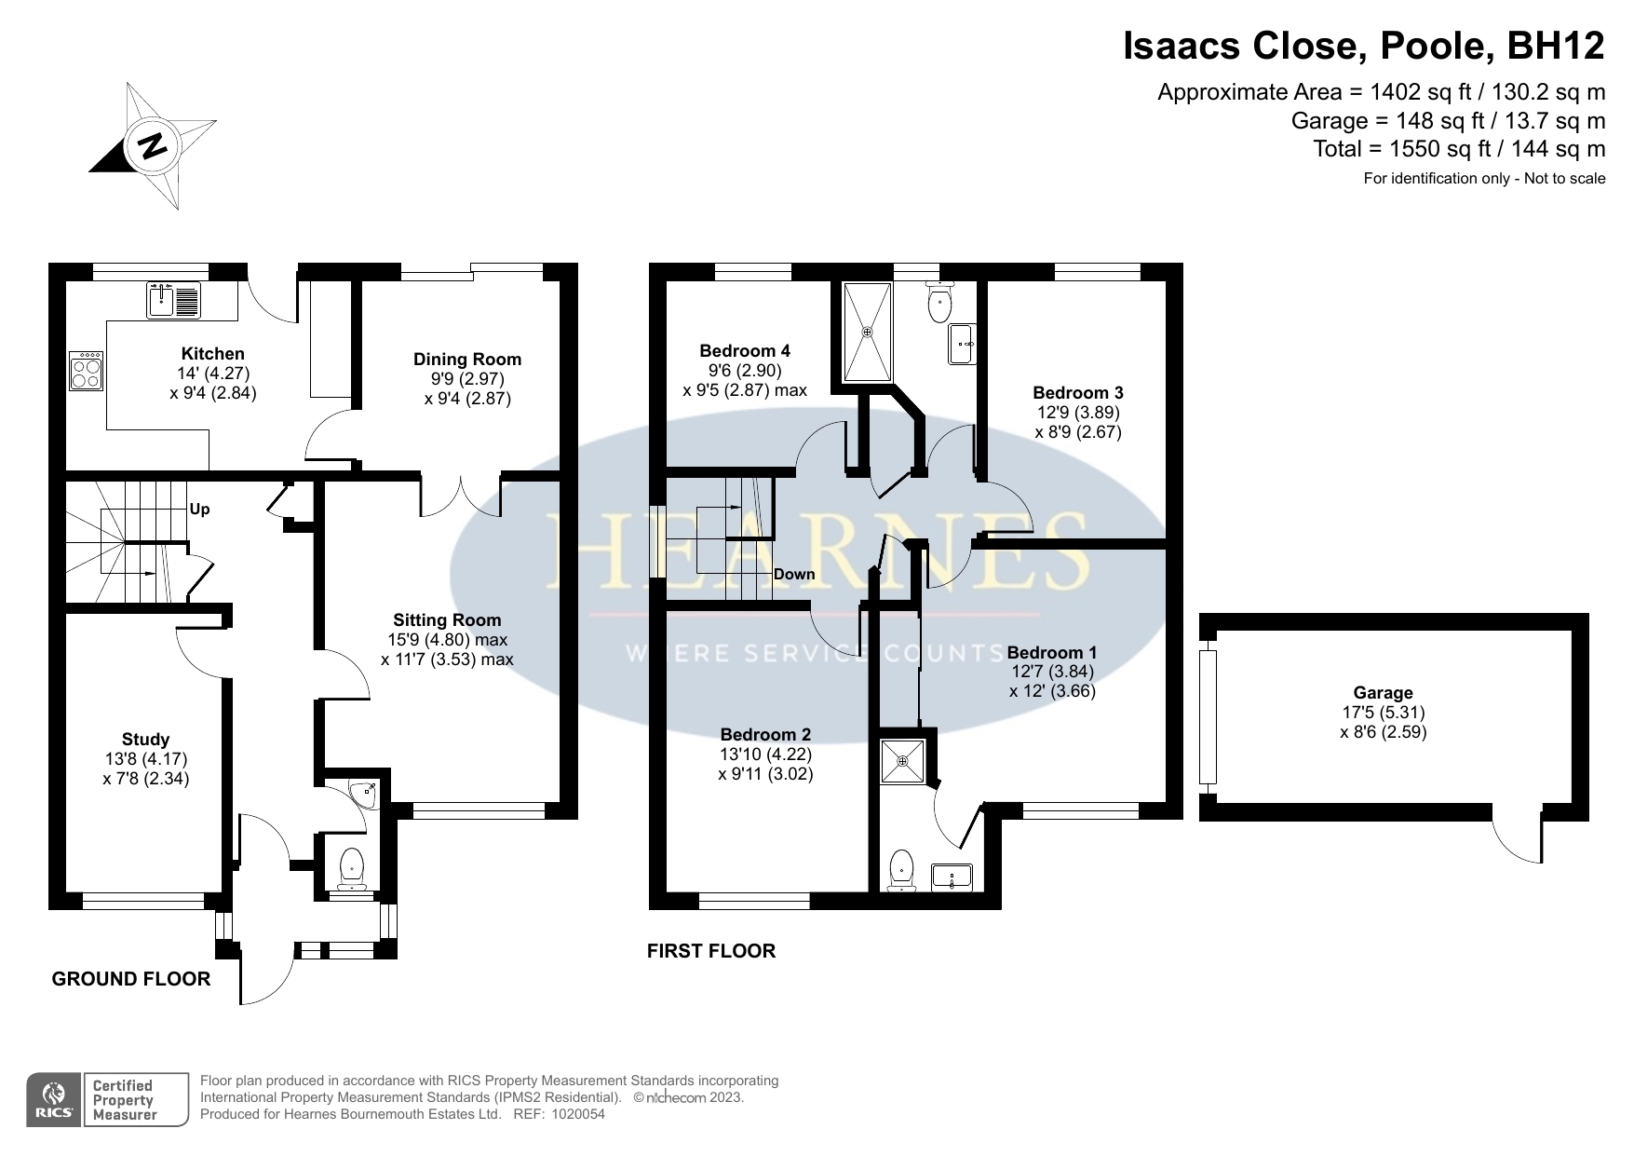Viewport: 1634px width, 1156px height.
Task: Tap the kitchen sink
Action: [x=173, y=299]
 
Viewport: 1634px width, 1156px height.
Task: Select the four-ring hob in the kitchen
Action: [x=87, y=370]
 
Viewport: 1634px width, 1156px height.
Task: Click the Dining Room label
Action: [x=467, y=360]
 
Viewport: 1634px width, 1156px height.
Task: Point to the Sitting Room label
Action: [x=447, y=620]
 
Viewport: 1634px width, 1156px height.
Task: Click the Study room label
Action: [x=146, y=740]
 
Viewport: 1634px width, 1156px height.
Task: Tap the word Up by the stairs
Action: [x=199, y=510]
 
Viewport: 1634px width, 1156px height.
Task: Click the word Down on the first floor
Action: [x=794, y=575]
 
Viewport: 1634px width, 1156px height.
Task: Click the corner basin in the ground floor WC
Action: [x=363, y=792]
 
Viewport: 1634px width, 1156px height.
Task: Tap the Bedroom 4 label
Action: [x=745, y=351]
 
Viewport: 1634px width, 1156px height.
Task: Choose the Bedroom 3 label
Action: [x=1078, y=393]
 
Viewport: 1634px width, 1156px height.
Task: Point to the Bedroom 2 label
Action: [x=765, y=735]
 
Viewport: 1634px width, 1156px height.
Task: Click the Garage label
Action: [x=1384, y=693]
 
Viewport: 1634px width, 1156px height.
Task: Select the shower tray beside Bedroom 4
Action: [x=868, y=332]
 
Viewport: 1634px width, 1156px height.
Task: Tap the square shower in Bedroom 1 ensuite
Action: [x=903, y=760]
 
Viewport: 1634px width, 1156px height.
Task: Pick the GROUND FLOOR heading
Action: [x=131, y=979]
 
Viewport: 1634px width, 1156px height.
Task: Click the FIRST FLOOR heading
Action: [x=711, y=951]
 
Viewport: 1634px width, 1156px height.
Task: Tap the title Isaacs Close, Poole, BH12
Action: [x=1364, y=47]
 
